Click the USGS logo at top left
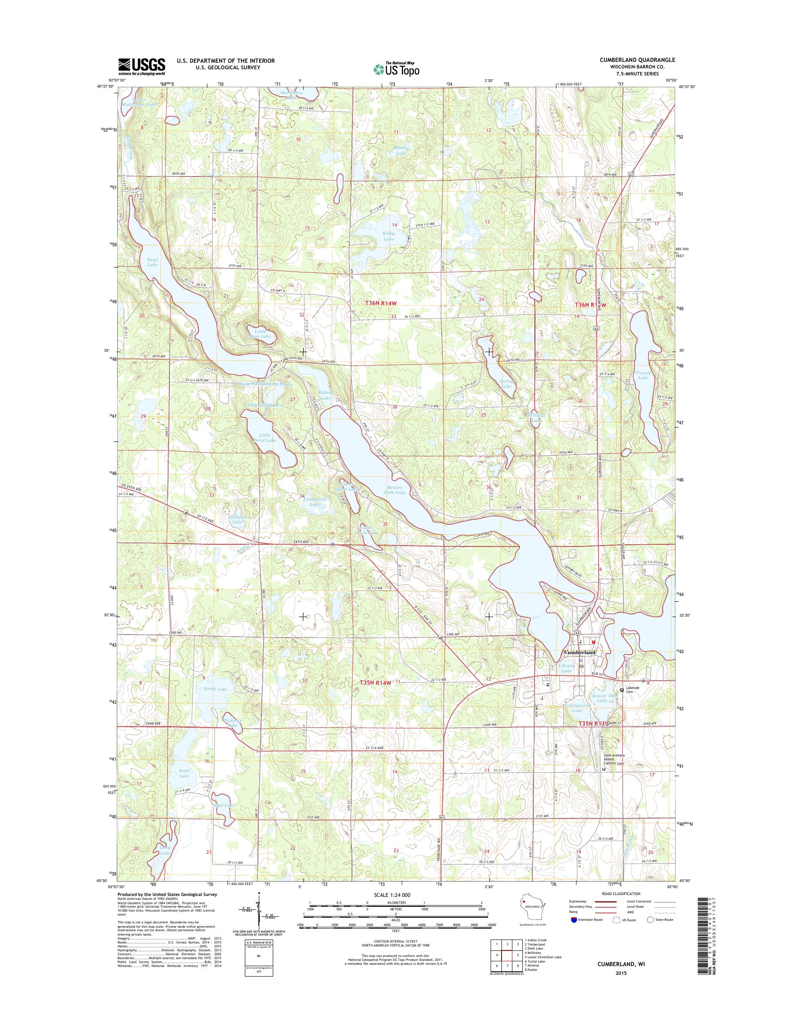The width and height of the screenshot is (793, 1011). click(142, 66)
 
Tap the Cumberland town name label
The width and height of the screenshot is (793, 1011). click(579, 652)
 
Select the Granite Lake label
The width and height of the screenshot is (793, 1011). click(643, 375)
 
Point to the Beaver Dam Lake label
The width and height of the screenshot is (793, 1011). click(395, 489)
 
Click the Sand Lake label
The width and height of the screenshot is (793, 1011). click(152, 262)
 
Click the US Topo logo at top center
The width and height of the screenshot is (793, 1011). click(396, 68)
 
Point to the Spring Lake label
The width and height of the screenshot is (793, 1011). click(506, 383)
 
